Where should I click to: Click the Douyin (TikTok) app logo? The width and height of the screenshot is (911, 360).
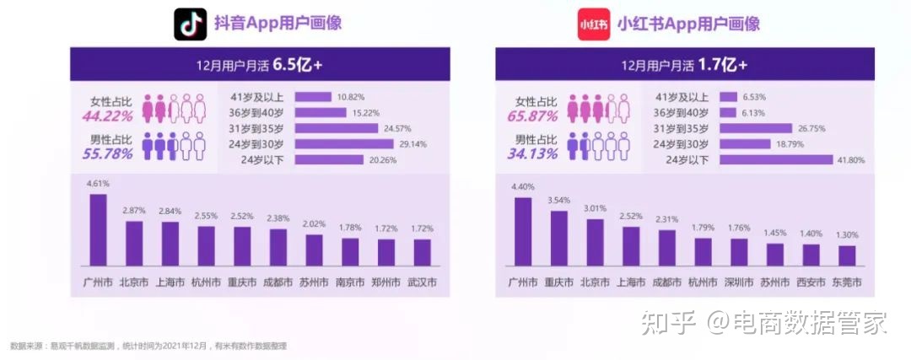[x=190, y=24]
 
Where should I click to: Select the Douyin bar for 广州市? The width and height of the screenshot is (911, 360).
[x=99, y=230]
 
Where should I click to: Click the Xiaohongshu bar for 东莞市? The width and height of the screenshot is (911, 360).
[x=847, y=255]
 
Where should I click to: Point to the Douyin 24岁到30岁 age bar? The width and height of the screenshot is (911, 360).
[x=343, y=144]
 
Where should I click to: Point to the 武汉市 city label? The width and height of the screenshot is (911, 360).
[x=422, y=282]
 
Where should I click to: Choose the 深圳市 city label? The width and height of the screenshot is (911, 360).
[x=739, y=282]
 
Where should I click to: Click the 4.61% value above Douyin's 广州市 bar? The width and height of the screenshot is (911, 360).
[x=99, y=183]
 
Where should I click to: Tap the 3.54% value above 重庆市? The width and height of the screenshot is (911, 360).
[x=558, y=200]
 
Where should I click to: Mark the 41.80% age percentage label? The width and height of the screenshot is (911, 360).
[x=850, y=159]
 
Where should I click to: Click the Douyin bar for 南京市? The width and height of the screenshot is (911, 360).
[x=350, y=251]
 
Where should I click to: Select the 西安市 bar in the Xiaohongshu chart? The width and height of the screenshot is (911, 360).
[x=811, y=255]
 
